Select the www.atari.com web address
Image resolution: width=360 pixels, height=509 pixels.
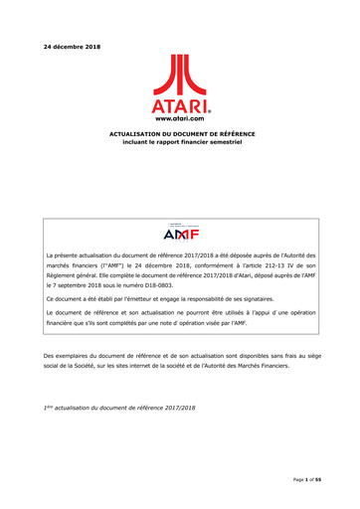(x=180, y=117)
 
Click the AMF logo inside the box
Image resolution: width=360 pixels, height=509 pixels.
(x=180, y=236)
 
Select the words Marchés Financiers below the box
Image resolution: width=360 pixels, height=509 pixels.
(x=268, y=367)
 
